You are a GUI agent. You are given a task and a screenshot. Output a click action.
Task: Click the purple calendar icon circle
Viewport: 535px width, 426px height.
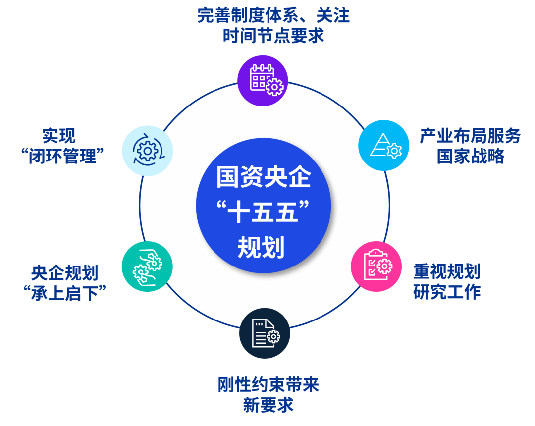pyautogui.click(x=263, y=80)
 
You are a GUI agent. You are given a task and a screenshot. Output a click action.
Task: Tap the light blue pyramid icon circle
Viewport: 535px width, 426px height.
pyautogui.click(x=384, y=145)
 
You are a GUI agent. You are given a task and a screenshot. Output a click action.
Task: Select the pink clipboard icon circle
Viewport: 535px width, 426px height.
pyautogui.click(x=376, y=267)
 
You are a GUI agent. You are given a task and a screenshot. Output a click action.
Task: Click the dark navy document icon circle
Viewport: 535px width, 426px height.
pyautogui.click(x=264, y=332)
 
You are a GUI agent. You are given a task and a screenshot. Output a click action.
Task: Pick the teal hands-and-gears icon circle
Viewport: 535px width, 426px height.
pyautogui.click(x=147, y=266)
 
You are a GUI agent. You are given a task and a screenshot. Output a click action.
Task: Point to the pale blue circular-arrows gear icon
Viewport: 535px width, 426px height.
pyautogui.click(x=147, y=150)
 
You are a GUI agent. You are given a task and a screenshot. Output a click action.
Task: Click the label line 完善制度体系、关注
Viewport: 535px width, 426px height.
pyautogui.click(x=273, y=15)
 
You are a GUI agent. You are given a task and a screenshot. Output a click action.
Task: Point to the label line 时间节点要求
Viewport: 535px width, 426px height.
pyautogui.click(x=273, y=36)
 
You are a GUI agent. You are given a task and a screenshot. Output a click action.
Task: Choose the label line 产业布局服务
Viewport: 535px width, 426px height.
pyautogui.click(x=470, y=136)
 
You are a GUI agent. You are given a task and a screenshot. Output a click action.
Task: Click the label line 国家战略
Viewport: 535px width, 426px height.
pyautogui.click(x=470, y=156)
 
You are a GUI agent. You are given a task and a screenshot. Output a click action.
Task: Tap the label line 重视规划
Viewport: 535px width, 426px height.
pyautogui.click(x=447, y=271)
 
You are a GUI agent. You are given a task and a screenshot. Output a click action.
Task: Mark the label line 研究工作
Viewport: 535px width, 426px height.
pyautogui.click(x=447, y=292)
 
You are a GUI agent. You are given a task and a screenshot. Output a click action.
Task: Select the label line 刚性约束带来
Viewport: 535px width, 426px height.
pyautogui.click(x=268, y=385)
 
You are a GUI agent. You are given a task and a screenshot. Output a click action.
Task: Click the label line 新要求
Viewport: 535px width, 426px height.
pyautogui.click(x=268, y=405)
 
